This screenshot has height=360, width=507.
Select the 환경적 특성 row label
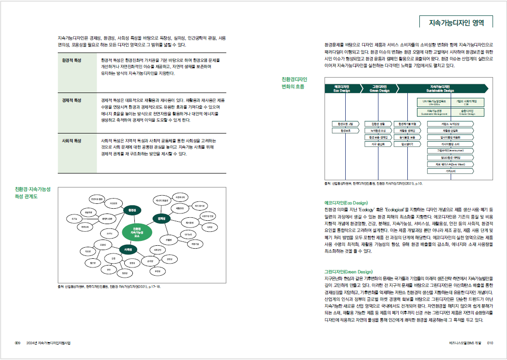(72, 60)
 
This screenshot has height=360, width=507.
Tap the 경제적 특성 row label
(72, 100)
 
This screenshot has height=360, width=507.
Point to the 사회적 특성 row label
(72, 141)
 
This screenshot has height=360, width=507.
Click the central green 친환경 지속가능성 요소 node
(137, 233)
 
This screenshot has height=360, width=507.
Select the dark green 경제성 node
(162, 218)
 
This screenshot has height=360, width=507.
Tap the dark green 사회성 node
(129, 249)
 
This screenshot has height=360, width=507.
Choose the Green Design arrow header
(380, 88)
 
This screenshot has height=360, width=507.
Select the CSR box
(467, 102)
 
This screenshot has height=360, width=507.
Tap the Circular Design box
(467, 112)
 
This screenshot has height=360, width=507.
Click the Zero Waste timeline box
(451, 164)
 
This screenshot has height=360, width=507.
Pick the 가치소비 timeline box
(451, 171)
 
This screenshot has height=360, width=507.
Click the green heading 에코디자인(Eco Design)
(346, 203)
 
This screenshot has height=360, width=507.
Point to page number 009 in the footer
(17, 343)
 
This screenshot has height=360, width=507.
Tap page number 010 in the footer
(491, 343)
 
